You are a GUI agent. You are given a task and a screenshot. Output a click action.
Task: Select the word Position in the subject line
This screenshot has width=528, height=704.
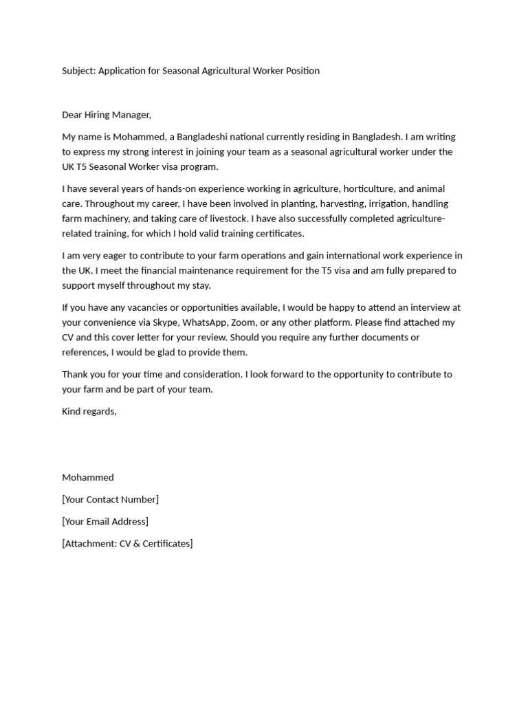tap(301, 71)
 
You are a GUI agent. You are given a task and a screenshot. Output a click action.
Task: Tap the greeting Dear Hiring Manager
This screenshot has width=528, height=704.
tap(106, 115)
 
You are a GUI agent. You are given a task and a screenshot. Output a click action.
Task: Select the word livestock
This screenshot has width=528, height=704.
tap(232, 219)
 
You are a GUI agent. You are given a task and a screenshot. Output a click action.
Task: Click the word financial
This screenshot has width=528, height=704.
tap(155, 271)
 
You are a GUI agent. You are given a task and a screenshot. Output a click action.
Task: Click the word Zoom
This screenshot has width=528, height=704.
tap(242, 322)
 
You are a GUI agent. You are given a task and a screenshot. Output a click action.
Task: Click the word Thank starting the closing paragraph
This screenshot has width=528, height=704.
tap(74, 375)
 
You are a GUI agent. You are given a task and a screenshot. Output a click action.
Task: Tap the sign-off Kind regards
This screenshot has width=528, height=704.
tap(89, 412)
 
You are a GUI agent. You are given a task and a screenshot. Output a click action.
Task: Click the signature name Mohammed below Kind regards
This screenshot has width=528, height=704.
tap(88, 478)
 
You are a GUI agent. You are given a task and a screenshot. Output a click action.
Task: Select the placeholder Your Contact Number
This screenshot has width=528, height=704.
tap(110, 500)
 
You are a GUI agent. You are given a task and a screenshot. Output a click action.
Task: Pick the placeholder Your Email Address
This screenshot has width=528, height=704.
tap(105, 522)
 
